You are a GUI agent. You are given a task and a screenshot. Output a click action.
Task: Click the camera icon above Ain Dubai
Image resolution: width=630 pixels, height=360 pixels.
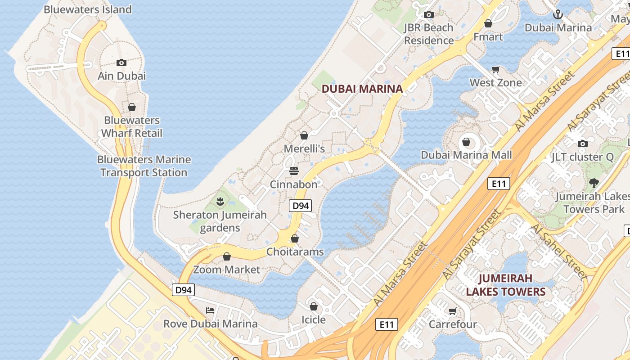pyautogui.click(x=121, y=63)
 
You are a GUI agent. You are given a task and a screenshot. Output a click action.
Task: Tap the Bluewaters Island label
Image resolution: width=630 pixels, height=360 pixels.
pyautogui.click(x=88, y=9)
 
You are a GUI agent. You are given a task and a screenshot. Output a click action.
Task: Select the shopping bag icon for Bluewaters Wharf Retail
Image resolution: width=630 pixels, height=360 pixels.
pyautogui.click(x=132, y=107)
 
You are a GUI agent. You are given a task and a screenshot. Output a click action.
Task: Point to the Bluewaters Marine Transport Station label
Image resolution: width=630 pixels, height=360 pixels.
pyautogui.click(x=144, y=166)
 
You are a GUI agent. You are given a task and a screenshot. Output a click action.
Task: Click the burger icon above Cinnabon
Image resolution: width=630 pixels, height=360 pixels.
pyautogui.click(x=294, y=171)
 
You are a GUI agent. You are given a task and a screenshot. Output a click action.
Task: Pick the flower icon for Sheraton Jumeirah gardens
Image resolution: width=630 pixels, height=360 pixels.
pyautogui.click(x=220, y=201)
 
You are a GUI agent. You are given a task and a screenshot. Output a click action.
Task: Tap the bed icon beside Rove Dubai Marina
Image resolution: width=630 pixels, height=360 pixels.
pyautogui.click(x=210, y=310)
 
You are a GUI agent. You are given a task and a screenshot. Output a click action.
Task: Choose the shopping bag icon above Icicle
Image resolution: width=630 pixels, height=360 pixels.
pyautogui.click(x=313, y=306)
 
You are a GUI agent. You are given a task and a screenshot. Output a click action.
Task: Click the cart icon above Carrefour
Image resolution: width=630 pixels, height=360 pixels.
pyautogui.click(x=453, y=311)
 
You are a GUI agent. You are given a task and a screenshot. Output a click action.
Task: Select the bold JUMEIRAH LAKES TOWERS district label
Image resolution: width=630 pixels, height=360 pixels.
pyautogui.click(x=505, y=285)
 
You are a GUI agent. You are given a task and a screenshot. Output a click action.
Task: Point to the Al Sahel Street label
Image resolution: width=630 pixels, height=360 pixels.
pyautogui.click(x=560, y=251)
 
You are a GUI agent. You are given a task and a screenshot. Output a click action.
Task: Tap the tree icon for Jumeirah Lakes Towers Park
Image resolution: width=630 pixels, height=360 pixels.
pyautogui.click(x=594, y=183)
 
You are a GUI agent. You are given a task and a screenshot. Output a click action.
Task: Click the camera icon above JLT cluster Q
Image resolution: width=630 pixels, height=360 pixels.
pyautogui.click(x=583, y=144)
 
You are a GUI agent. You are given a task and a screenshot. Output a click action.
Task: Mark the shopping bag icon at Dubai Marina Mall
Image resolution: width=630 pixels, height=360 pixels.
pyautogui.click(x=466, y=142)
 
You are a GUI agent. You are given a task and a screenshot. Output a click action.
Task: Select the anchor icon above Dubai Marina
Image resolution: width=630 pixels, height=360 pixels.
pyautogui.click(x=558, y=15)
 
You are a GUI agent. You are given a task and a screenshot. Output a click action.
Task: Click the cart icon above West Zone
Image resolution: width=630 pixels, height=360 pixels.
pyautogui.click(x=496, y=69)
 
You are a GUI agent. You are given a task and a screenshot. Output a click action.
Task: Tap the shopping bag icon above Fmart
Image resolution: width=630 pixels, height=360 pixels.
pyautogui.click(x=488, y=23)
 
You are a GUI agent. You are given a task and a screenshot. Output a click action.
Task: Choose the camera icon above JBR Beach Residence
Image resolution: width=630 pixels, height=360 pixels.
pyautogui.click(x=428, y=15)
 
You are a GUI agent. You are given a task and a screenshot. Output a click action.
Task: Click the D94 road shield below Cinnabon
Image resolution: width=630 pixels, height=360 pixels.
pyautogui.click(x=300, y=206)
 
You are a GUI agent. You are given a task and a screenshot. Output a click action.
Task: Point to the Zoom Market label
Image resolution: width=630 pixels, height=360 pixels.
pyautogui.click(x=227, y=270)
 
